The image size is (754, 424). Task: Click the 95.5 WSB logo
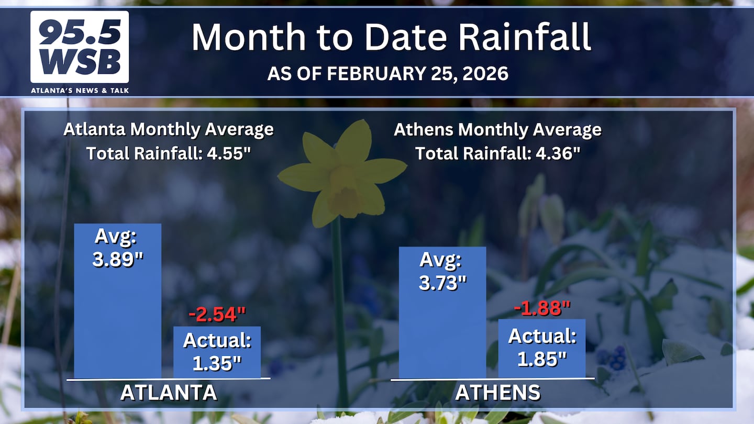pyautogui.click(x=80, y=47)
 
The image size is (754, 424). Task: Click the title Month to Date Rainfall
pyautogui.click(x=391, y=37)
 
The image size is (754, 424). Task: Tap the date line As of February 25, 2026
pyautogui.click(x=388, y=73)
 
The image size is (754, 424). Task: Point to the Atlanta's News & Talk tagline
pyautogui.click(x=80, y=91)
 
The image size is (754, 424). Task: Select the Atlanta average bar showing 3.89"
pyautogui.click(x=117, y=301)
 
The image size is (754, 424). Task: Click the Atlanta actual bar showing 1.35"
pyautogui.click(x=217, y=352)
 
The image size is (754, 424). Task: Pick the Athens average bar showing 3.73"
pyautogui.click(x=442, y=313)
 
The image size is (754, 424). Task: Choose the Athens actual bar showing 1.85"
pyautogui.click(x=542, y=349)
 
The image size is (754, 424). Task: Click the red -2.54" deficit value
pyautogui.click(x=217, y=315)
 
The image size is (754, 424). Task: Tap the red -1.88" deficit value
pyautogui.click(x=542, y=308)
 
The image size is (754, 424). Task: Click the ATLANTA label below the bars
pyautogui.click(x=169, y=393)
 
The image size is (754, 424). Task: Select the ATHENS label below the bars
pyautogui.click(x=498, y=393)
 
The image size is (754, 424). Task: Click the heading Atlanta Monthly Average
pyautogui.click(x=169, y=130)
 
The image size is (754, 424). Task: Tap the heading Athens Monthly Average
pyautogui.click(x=497, y=130)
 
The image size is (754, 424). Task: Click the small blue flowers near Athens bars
pyautogui.click(x=612, y=358)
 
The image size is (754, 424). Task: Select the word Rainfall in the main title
pyautogui.click(x=525, y=37)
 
